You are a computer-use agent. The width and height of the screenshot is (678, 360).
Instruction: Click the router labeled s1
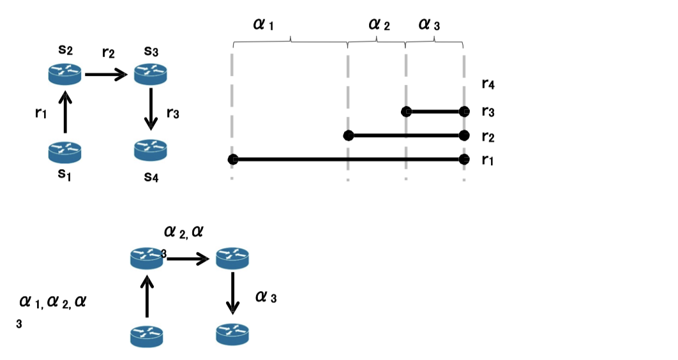(x=64, y=152)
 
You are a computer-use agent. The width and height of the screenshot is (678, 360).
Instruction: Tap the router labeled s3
(x=151, y=75)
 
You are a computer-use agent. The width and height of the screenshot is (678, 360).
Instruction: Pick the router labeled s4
(x=151, y=151)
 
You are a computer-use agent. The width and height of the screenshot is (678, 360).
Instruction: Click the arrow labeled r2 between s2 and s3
(x=107, y=75)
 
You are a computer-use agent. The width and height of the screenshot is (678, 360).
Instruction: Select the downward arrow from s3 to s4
(x=151, y=109)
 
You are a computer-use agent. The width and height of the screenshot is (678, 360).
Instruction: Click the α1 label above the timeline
(x=263, y=25)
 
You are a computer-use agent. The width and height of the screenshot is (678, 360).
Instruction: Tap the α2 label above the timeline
(x=379, y=25)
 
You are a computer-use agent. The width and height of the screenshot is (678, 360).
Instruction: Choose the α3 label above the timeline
(x=429, y=25)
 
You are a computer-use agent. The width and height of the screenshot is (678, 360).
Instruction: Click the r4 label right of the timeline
(x=488, y=83)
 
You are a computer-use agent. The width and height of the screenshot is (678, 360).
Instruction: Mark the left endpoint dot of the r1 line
(x=233, y=159)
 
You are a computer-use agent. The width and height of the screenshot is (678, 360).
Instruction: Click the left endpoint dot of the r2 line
(x=348, y=135)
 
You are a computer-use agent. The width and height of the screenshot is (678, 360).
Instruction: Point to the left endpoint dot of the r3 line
(x=406, y=112)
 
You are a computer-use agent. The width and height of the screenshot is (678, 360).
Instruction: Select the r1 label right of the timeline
(x=488, y=160)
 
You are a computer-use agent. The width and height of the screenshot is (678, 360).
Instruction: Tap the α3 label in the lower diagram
(x=266, y=297)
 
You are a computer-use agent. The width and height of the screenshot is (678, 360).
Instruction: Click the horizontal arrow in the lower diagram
(x=188, y=259)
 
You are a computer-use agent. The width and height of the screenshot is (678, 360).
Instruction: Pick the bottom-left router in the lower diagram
(x=147, y=335)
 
